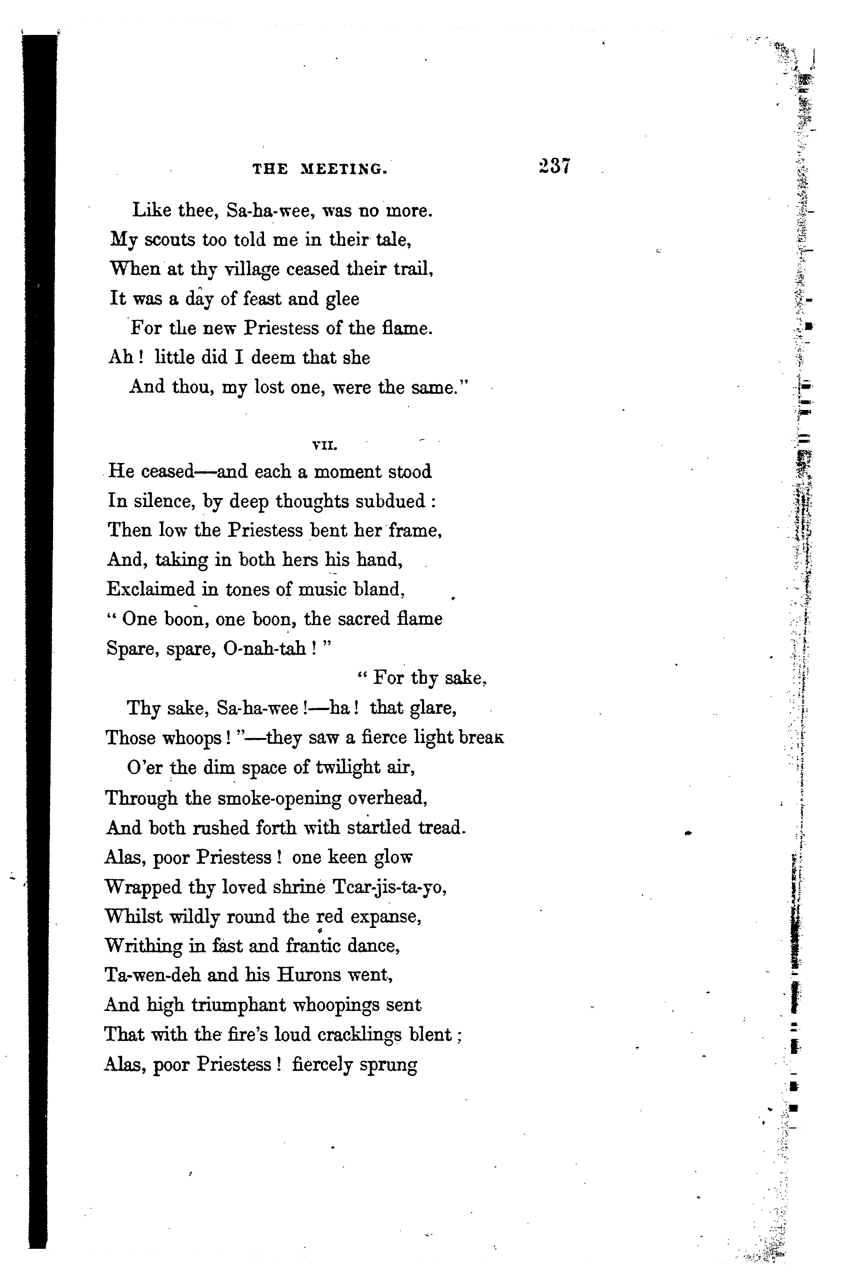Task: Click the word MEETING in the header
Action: pos(344,170)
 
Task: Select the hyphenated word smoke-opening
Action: pos(263,798)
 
